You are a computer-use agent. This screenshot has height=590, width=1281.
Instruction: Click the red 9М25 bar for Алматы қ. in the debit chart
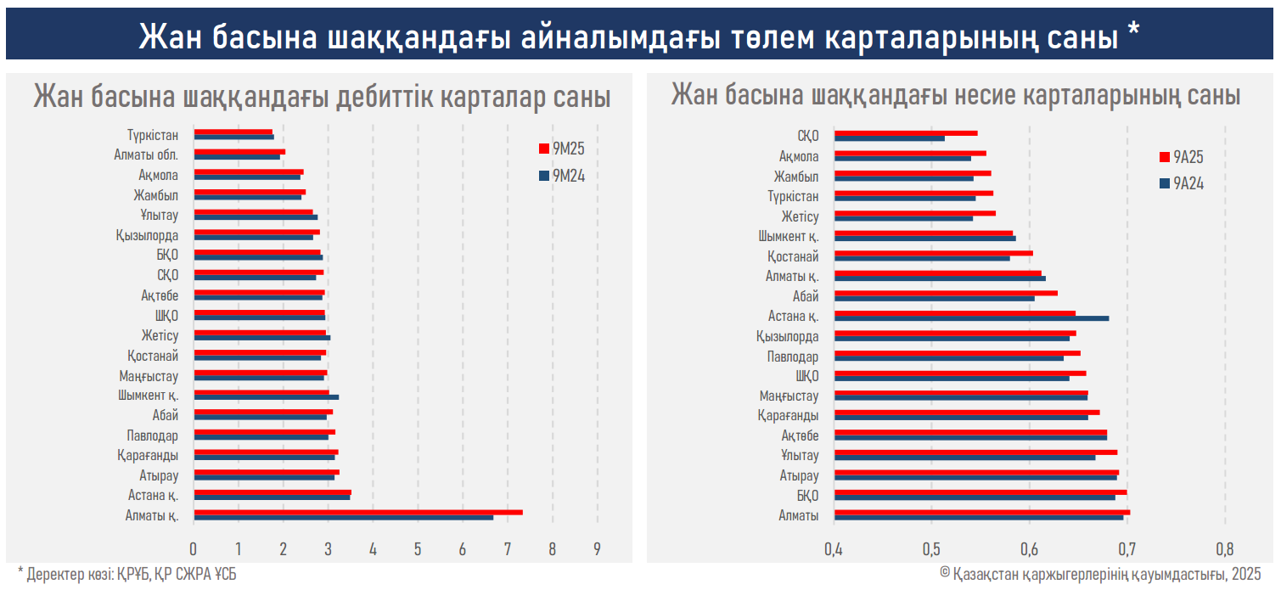click(x=357, y=512)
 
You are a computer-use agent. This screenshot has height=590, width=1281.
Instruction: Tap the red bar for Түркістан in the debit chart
click(x=233, y=132)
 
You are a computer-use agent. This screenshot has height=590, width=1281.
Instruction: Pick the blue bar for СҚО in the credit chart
click(x=889, y=138)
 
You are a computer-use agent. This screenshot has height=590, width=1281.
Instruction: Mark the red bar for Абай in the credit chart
click(x=945, y=293)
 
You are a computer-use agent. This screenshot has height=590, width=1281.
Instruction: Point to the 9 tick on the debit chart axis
click(x=598, y=548)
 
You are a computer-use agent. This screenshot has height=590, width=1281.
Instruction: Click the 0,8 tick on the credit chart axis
click(x=1224, y=548)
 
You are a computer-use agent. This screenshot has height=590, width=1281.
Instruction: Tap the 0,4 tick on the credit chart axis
click(x=834, y=548)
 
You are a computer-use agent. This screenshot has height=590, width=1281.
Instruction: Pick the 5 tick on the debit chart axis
click(x=418, y=548)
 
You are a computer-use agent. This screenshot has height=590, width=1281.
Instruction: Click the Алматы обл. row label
click(x=146, y=155)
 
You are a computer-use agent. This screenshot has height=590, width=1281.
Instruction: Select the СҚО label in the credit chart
click(x=807, y=136)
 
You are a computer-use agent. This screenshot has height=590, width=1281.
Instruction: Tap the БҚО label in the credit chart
click(x=807, y=495)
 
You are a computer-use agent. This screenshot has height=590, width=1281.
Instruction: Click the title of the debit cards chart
click(x=322, y=97)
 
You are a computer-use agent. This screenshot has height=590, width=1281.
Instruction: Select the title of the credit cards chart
click(x=956, y=95)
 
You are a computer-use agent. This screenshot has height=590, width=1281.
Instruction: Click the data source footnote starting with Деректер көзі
click(x=127, y=575)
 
